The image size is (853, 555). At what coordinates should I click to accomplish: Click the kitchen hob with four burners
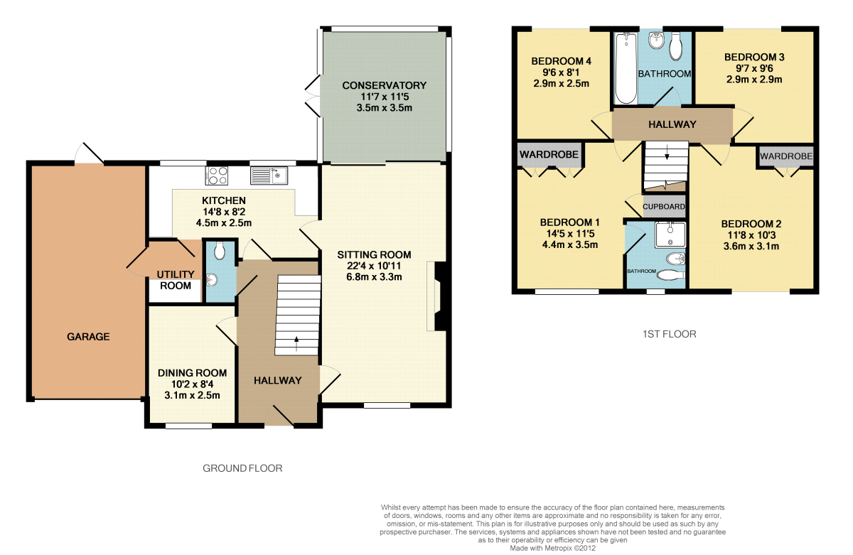[217, 176]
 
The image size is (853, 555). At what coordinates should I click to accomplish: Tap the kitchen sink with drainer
[269, 176]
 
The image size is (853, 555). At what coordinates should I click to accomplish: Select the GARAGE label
[88, 337]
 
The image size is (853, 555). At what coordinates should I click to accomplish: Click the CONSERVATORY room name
[385, 85]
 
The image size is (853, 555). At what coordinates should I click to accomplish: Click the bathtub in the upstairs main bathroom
[626, 68]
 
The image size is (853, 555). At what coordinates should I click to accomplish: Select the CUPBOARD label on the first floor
[664, 207]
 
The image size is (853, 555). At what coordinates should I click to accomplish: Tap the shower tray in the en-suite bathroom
[670, 235]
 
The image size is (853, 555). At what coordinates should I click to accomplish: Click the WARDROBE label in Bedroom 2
[786, 156]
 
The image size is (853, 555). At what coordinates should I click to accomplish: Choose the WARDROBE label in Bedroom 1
[549, 154]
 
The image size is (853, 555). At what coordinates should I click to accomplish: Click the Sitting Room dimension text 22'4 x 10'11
[374, 266]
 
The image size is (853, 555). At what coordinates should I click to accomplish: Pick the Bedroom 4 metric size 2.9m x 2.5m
[562, 83]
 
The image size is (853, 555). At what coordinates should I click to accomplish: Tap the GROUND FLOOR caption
[242, 468]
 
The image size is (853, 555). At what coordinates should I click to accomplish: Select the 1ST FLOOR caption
[670, 334]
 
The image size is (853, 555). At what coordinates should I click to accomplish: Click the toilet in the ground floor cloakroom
[220, 252]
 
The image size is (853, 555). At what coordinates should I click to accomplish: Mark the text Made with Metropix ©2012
[552, 548]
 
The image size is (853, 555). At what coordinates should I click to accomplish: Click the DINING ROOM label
[193, 373]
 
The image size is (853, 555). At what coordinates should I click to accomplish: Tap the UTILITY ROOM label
[176, 280]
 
